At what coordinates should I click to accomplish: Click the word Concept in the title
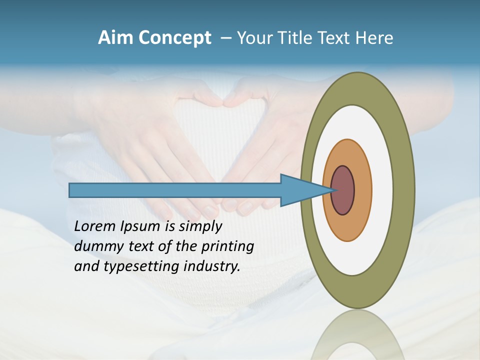pyautogui.click(x=174, y=38)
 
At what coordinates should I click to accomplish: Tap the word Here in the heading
pyautogui.click(x=374, y=37)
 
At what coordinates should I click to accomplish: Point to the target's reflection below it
pyautogui.click(x=357, y=335)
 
